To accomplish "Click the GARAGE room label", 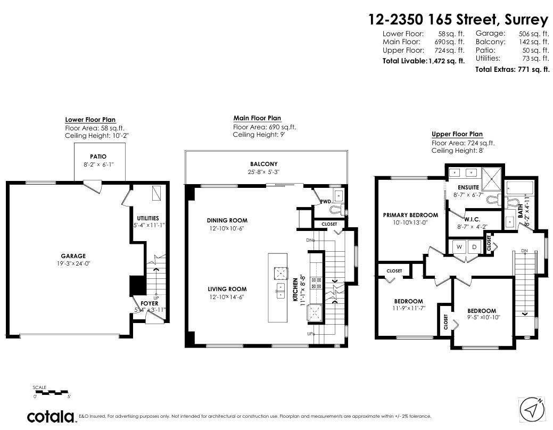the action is pyautogui.click(x=73, y=256).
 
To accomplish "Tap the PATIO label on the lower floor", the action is pyautogui.click(x=98, y=156).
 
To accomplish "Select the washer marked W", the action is pyautogui.click(x=459, y=247).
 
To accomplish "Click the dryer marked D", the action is pyautogui.click(x=474, y=247).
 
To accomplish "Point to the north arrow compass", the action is pyautogui.click(x=533, y=409).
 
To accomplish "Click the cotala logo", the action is pyautogui.click(x=52, y=417).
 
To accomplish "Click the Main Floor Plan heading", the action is pyautogui.click(x=257, y=118).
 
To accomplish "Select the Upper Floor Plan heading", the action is pyautogui.click(x=457, y=134).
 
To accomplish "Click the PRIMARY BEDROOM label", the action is pyautogui.click(x=410, y=215).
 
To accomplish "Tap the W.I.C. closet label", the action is pyautogui.click(x=472, y=219).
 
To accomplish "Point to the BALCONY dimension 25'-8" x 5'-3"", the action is pyautogui.click(x=264, y=172).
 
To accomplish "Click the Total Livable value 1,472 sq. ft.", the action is pyautogui.click(x=447, y=61).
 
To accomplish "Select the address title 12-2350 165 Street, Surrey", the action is pyautogui.click(x=458, y=20).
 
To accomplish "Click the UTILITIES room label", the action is pyautogui.click(x=148, y=218).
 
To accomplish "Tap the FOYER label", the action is pyautogui.click(x=150, y=303).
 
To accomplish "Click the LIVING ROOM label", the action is pyautogui.click(x=227, y=290).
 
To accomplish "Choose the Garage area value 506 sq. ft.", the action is pyautogui.click(x=534, y=34).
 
